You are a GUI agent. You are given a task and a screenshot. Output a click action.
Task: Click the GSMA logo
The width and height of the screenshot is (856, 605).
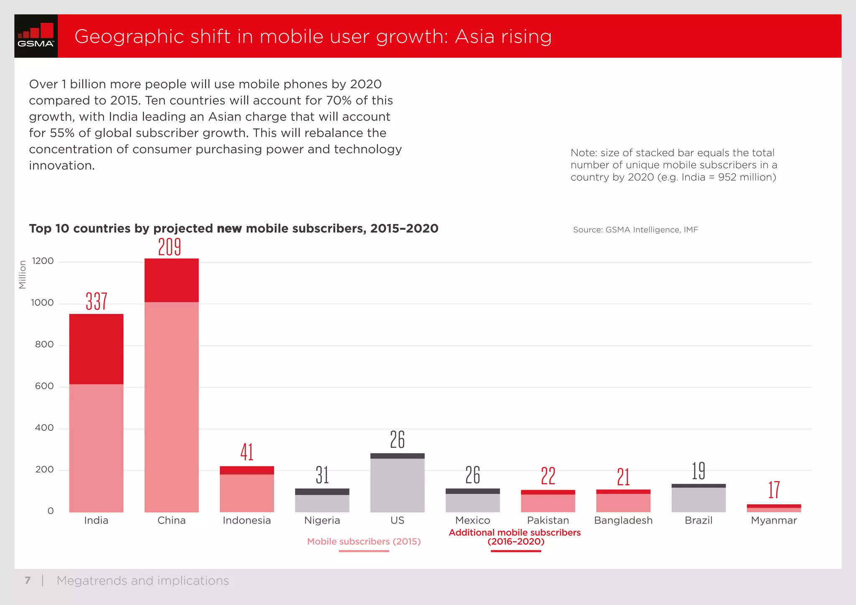pyautogui.click(x=36, y=36)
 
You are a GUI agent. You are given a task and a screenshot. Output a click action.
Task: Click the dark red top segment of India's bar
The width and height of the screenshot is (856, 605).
pyautogui.click(x=96, y=349)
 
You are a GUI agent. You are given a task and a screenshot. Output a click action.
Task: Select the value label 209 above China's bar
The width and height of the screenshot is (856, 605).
pyautogui.click(x=169, y=247)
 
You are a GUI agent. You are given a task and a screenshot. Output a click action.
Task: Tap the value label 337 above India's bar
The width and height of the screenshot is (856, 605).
pyautogui.click(x=96, y=301)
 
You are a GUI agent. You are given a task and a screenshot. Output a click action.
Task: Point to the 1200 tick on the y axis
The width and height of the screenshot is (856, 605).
pyautogui.click(x=43, y=261)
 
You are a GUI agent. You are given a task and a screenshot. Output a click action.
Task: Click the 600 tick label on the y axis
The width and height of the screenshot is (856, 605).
pyautogui.click(x=44, y=386)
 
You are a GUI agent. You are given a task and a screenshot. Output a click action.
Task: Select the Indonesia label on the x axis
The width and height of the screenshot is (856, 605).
pyautogui.click(x=247, y=520)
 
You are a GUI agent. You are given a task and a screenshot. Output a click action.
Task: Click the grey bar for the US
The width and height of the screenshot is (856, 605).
pyautogui.click(x=397, y=485)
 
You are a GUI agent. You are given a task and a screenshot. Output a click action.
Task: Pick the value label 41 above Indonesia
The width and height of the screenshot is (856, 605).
pyautogui.click(x=247, y=452)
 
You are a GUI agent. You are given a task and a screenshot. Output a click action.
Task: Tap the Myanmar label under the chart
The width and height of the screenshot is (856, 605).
pyautogui.click(x=774, y=520)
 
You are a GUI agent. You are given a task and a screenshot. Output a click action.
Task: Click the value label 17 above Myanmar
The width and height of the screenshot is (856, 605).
pyautogui.click(x=774, y=490)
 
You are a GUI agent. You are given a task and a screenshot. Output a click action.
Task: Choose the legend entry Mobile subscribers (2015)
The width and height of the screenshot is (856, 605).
pyautogui.click(x=364, y=541)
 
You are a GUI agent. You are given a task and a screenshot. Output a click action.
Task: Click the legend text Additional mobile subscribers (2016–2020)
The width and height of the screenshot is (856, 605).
pyautogui.click(x=515, y=537)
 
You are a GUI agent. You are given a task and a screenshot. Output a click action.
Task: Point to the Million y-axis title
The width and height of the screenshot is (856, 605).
pyautogui.click(x=23, y=275)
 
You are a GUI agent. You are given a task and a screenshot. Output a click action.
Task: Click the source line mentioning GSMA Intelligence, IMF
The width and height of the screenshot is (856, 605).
pyautogui.click(x=635, y=230)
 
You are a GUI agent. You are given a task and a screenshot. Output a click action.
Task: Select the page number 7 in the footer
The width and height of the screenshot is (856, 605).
pyautogui.click(x=28, y=580)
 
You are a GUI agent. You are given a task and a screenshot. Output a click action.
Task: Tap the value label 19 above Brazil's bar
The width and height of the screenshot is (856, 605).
pyautogui.click(x=698, y=471)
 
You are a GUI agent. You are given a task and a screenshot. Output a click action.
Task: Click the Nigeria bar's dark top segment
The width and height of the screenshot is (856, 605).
pyautogui.click(x=322, y=492)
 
